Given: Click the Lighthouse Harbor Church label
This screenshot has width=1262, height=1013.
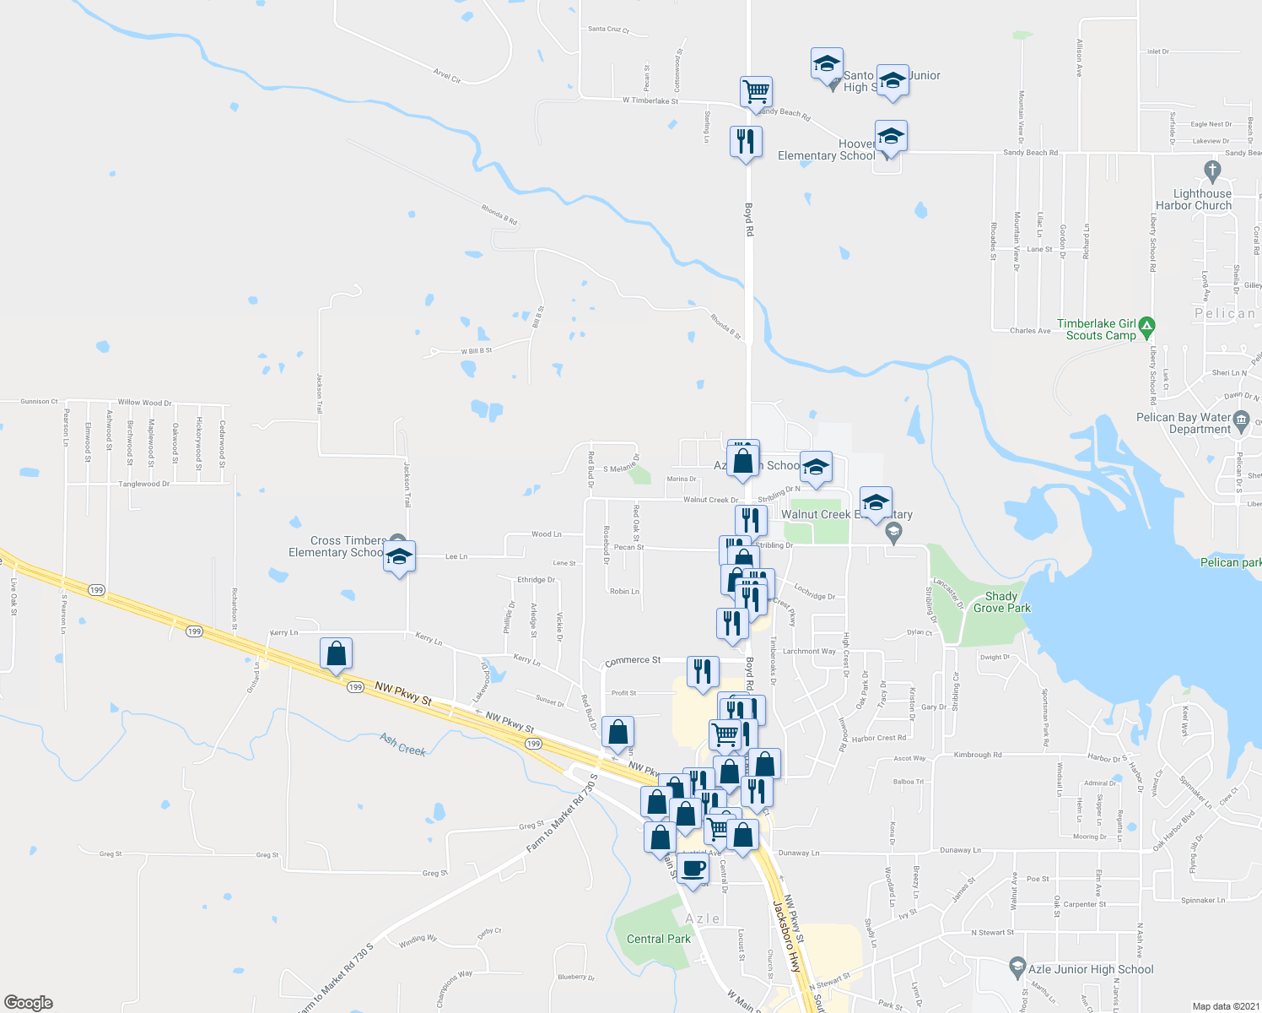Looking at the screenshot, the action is (1194, 199).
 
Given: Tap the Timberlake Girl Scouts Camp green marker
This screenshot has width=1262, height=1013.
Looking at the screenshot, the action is (1146, 325).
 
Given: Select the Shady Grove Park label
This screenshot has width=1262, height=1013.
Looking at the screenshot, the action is (1001, 602).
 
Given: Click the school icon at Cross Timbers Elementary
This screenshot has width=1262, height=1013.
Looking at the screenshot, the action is (399, 557).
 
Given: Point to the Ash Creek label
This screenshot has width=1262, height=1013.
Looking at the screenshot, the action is (402, 745).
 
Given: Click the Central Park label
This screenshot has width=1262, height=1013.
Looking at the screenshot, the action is (658, 939).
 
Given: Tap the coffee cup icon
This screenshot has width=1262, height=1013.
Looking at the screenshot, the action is (693, 869).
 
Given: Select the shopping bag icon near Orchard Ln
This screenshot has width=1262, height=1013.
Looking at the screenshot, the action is (336, 653).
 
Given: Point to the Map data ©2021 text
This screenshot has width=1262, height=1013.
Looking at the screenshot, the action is (1224, 1006).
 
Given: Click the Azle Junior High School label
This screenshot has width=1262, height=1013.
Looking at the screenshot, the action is (1091, 969).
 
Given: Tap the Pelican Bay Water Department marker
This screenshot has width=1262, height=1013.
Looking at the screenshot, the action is (1240, 420).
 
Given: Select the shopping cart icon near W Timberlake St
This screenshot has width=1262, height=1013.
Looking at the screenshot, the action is (757, 90).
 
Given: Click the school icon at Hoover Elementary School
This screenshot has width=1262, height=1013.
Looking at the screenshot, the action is (890, 136).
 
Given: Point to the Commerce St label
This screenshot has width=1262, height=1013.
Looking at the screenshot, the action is (633, 660).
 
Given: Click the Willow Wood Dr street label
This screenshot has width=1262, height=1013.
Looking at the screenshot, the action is (144, 403).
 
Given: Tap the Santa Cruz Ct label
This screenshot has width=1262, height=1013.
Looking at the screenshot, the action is (608, 29).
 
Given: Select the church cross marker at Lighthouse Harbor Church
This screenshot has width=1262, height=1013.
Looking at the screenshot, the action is (1212, 171).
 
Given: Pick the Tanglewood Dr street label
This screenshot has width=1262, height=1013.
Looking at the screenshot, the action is (143, 484).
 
